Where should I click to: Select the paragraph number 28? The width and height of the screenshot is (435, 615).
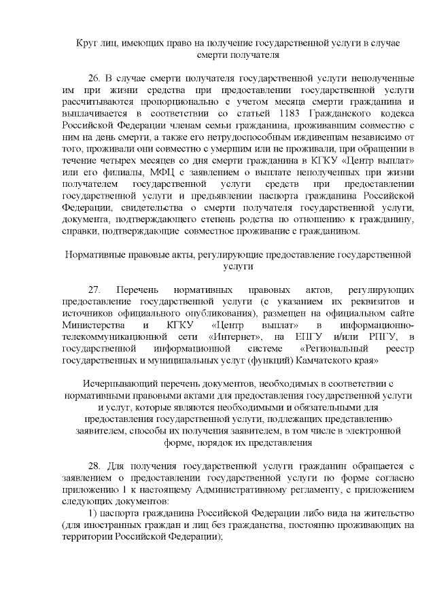point(96,467)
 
